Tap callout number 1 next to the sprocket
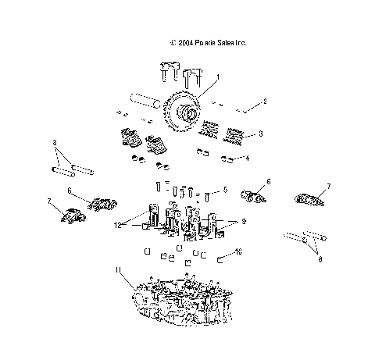click(217, 77)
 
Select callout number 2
click(264, 102)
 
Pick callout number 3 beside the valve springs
click(261, 134)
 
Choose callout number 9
click(243, 222)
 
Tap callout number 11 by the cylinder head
click(119, 271)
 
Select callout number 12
click(119, 226)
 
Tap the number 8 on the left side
click(55, 143)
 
